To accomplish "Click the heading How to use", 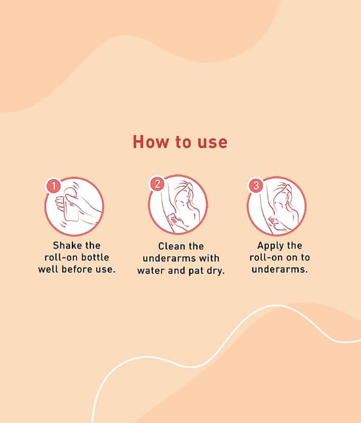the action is (180, 142).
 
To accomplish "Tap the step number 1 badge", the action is (54, 186).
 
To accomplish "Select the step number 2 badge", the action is (158, 183).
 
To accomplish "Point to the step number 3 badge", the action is (256, 185).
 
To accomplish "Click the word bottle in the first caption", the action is (95, 258).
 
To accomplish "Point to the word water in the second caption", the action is (151, 270).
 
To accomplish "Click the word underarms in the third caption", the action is (280, 269).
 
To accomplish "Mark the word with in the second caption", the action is (209, 258).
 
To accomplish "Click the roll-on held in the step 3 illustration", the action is (273, 220).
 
